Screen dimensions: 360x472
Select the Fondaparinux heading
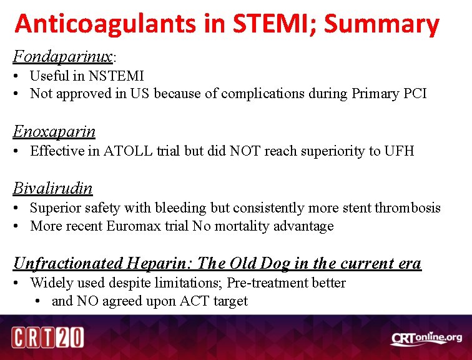(62, 57)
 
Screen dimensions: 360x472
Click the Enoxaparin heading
(54, 132)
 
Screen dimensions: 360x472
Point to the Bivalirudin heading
(53, 188)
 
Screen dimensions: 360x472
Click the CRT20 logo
(48, 338)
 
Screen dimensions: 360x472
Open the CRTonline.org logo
(426, 338)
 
